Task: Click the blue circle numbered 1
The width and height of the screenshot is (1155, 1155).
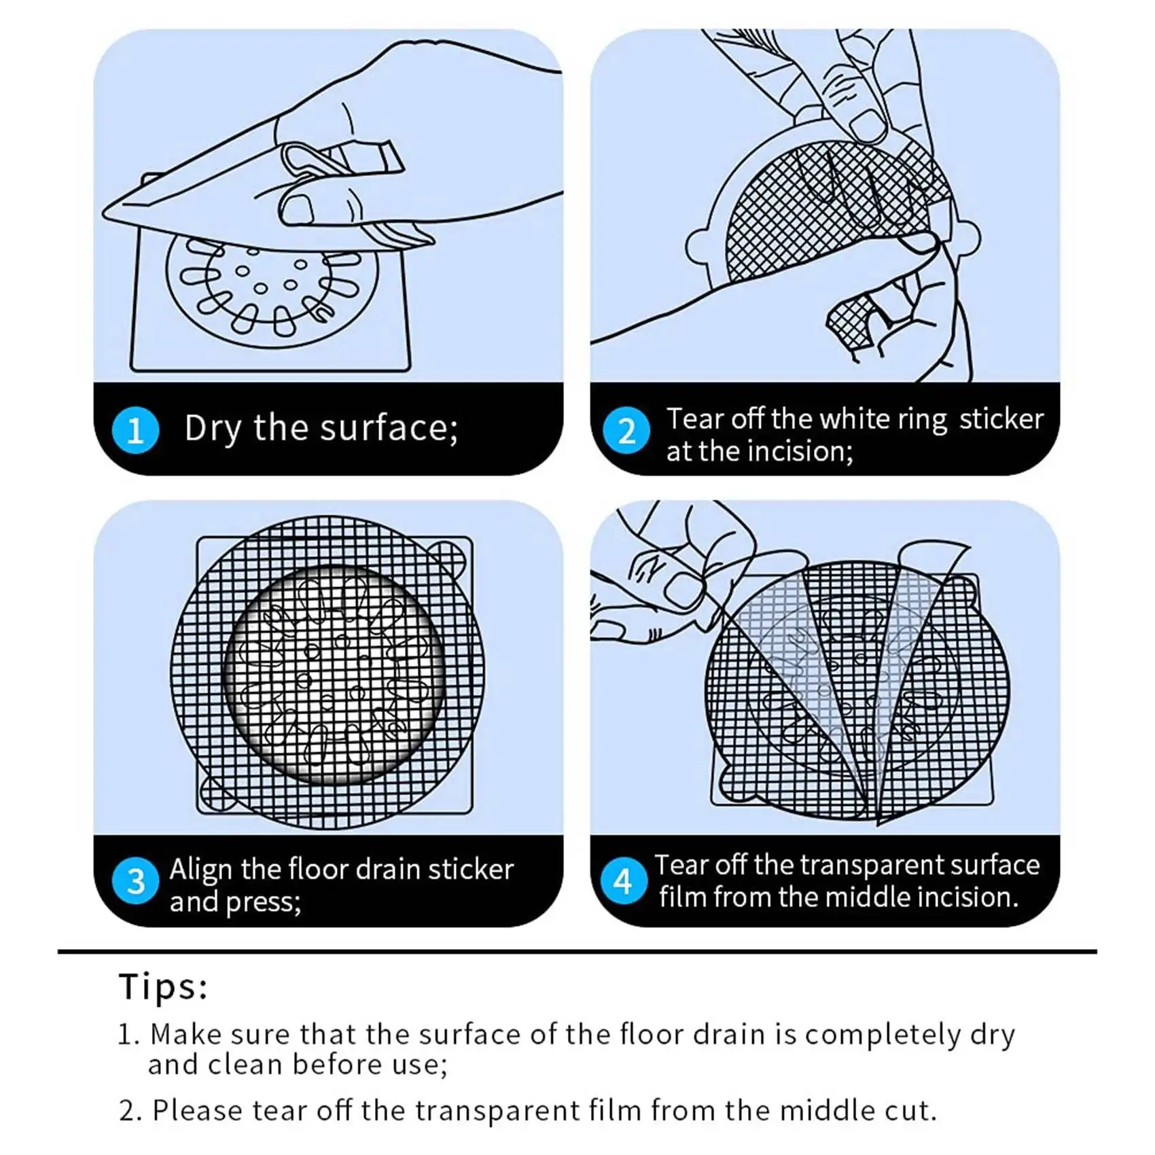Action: click(x=136, y=430)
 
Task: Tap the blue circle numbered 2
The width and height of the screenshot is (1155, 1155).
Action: click(x=626, y=430)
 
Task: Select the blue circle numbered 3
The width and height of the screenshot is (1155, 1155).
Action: click(x=136, y=881)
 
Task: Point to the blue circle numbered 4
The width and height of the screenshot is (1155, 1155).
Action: click(x=624, y=881)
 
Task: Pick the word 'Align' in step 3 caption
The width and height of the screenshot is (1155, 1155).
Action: click(x=201, y=870)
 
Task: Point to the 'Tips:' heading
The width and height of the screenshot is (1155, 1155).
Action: click(x=163, y=986)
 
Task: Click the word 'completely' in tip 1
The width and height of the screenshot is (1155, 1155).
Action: click(x=883, y=1035)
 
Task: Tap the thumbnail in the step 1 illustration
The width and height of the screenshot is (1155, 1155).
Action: click(x=297, y=210)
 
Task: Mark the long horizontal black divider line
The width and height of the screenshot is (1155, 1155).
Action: click(x=577, y=951)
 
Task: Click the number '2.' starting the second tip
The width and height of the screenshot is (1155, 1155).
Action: click(x=130, y=1111)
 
